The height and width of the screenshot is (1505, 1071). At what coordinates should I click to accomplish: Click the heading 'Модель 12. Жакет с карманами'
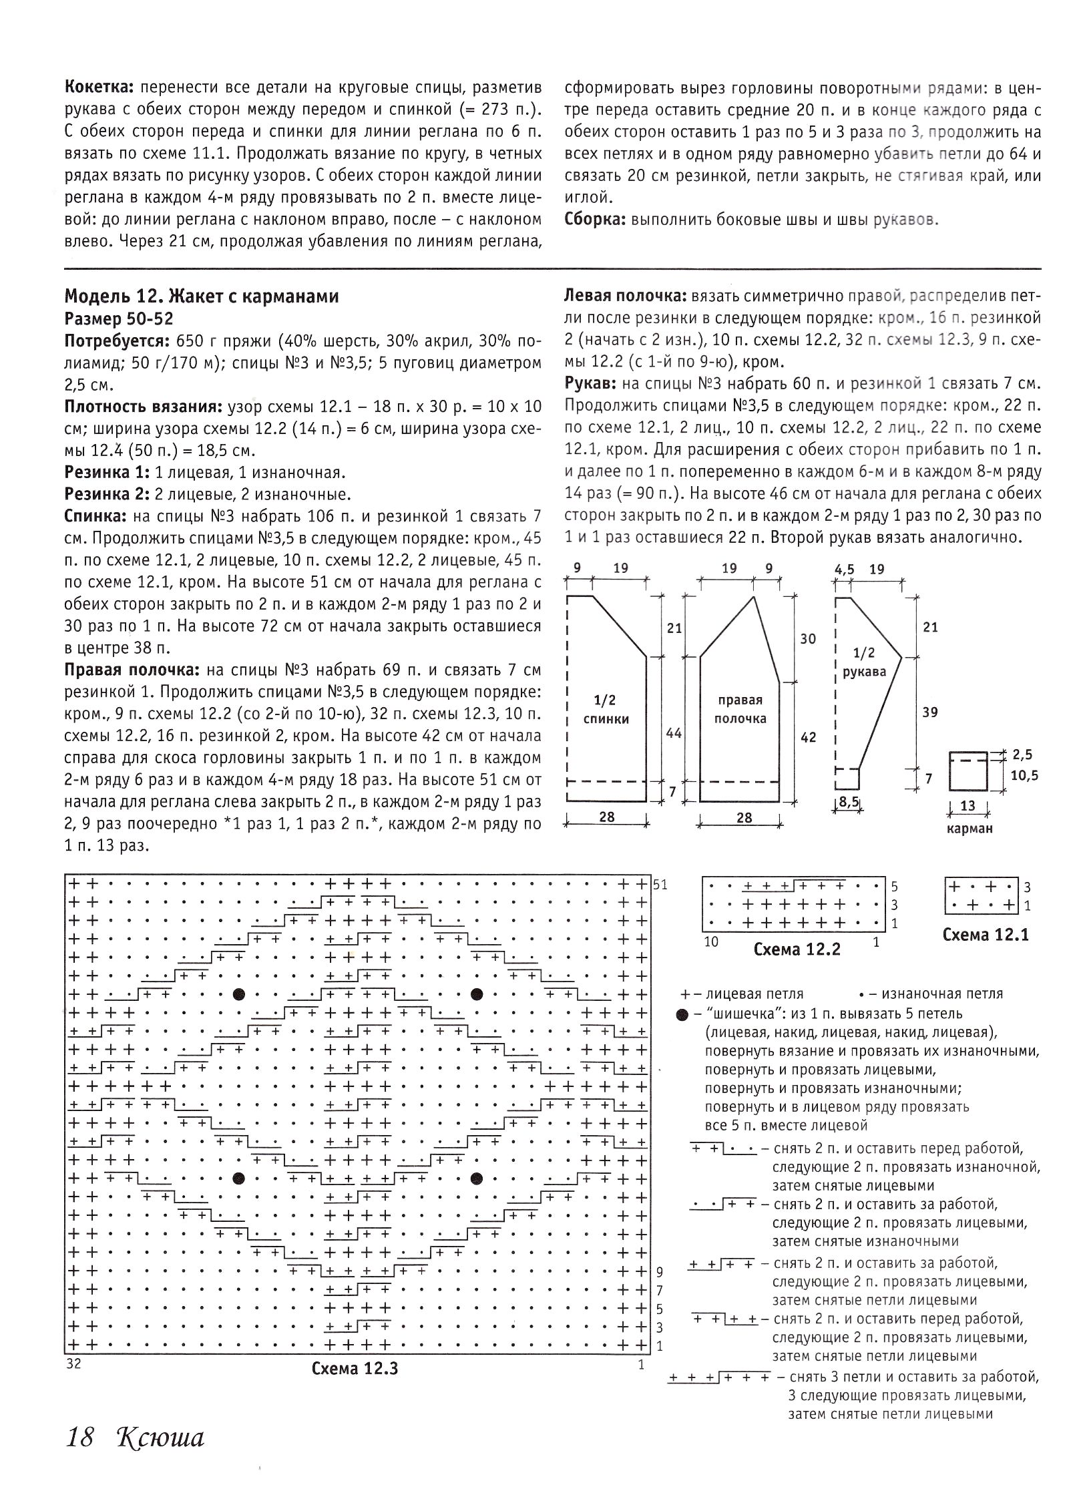pyautogui.click(x=201, y=296)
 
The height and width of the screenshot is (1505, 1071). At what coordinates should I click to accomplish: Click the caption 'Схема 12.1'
pyautogui.click(x=986, y=935)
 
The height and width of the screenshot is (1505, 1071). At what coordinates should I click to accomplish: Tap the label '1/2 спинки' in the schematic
pyautogui.click(x=605, y=709)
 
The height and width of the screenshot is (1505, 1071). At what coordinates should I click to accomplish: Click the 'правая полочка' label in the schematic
pyautogui.click(x=740, y=709)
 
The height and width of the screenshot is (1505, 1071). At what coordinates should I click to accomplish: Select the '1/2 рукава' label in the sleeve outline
pyautogui.click(x=864, y=662)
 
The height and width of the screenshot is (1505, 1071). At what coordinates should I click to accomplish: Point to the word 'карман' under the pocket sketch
pyautogui.click(x=968, y=829)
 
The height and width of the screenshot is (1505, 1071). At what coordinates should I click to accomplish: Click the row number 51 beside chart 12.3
pyautogui.click(x=661, y=885)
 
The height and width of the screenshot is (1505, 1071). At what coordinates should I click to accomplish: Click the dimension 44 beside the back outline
pyautogui.click(x=674, y=733)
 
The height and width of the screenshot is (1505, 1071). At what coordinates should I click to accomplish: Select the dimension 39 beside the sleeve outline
pyautogui.click(x=929, y=712)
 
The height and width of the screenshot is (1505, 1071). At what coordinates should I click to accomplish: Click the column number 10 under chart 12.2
pyautogui.click(x=710, y=941)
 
